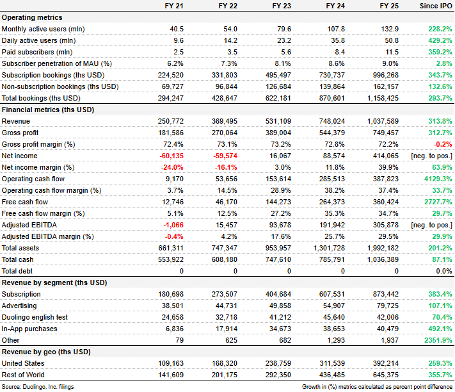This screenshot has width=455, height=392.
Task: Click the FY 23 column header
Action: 282,6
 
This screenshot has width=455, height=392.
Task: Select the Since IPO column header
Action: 436,6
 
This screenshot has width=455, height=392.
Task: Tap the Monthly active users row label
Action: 44,29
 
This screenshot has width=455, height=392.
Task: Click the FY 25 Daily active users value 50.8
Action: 392,40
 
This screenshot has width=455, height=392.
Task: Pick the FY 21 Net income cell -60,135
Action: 172,156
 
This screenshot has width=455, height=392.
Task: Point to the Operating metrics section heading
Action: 32,17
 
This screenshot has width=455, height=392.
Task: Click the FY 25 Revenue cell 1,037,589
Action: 383,121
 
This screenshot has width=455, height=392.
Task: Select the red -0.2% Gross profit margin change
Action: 443,144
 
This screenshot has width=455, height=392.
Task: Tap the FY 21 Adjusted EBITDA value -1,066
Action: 173,225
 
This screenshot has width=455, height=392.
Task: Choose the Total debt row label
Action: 17,271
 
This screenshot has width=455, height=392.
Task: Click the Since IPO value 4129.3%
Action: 438,179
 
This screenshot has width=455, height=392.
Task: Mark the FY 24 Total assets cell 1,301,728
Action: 329,248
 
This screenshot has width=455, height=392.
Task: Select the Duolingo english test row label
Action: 35,317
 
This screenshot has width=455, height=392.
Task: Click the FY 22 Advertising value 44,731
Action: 225,306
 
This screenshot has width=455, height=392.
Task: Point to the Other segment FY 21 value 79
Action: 180,340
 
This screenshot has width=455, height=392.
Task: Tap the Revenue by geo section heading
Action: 46,352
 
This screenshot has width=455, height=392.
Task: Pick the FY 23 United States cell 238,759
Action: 278,363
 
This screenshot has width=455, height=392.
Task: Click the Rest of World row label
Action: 23,375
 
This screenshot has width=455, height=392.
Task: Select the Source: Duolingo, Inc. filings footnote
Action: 38,387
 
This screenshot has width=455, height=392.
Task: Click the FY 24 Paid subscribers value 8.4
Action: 340,52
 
